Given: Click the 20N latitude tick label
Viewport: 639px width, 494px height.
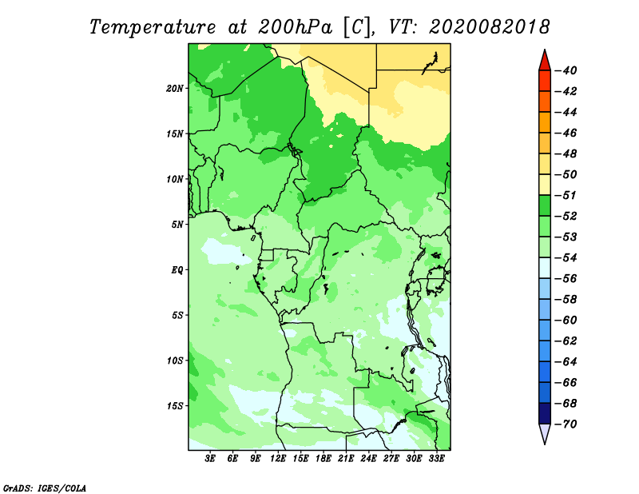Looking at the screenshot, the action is [x=174, y=88].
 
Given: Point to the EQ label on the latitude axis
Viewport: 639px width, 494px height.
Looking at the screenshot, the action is [x=177, y=270].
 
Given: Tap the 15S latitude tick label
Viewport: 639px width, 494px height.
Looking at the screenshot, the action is [x=174, y=406].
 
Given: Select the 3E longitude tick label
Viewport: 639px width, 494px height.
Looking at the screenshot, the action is [x=210, y=459].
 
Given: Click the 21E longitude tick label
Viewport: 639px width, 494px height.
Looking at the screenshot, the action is [x=346, y=459].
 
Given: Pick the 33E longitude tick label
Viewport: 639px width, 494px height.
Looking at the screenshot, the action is [x=436, y=459].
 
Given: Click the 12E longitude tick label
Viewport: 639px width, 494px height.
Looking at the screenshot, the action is [x=277, y=459].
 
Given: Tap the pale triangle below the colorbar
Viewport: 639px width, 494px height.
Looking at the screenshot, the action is [x=545, y=433].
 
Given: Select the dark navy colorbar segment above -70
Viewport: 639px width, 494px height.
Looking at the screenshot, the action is [x=545, y=413].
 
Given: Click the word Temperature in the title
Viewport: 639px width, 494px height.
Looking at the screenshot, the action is [x=153, y=28].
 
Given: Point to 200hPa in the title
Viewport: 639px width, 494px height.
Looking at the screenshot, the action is [x=295, y=28].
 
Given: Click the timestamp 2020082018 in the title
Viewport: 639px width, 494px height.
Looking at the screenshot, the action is [x=490, y=27].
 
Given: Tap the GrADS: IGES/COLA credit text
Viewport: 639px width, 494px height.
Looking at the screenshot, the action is [x=45, y=488].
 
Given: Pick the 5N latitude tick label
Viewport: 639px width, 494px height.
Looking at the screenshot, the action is [x=177, y=225].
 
